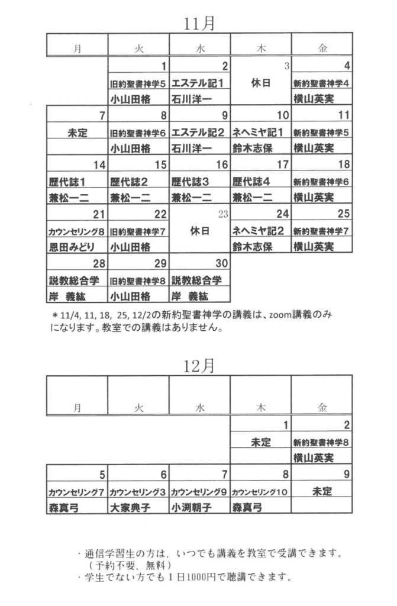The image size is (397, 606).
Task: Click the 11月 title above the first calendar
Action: click(x=199, y=24)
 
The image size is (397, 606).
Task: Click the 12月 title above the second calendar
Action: click(x=199, y=366)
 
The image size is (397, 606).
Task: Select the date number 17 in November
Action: click(x=283, y=165)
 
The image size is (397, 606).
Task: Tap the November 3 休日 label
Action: click(x=261, y=83)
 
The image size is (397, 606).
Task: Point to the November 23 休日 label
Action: click(x=200, y=231)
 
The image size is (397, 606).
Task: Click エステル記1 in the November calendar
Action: click(x=198, y=83)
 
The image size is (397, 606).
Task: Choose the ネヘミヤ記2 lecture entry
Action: click(x=258, y=231)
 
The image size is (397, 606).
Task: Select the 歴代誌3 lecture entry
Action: click(x=191, y=182)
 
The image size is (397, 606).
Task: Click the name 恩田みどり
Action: click(x=72, y=247)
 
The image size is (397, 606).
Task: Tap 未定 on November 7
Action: click(x=78, y=133)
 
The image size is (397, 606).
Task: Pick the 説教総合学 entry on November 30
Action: click(x=197, y=280)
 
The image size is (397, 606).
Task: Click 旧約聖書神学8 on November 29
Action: click(x=138, y=281)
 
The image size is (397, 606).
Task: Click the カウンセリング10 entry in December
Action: click(x=260, y=492)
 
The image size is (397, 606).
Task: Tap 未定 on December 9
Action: click(x=322, y=492)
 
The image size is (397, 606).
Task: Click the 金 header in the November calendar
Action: click(x=322, y=49)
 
